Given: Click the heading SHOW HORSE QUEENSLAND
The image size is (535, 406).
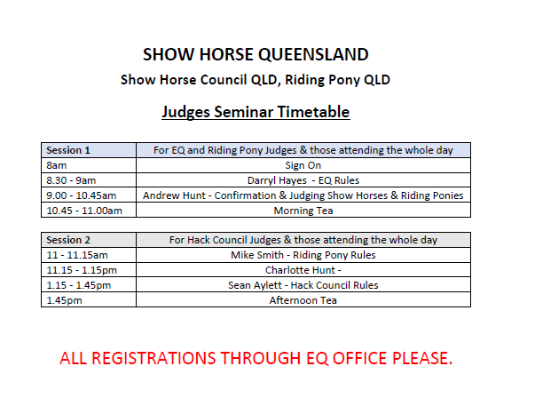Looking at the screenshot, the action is click(x=256, y=54).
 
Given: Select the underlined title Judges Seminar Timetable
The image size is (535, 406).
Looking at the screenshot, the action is click(x=256, y=112).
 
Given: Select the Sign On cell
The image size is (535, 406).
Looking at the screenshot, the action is click(x=303, y=165).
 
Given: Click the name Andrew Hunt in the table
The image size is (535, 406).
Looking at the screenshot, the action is click(x=174, y=195).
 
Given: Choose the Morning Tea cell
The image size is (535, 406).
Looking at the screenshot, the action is click(x=303, y=211).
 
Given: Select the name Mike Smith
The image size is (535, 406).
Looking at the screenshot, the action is click(x=257, y=255).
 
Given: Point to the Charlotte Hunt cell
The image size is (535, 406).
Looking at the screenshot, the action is click(x=303, y=270).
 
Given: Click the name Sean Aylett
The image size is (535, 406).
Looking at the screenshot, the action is click(x=256, y=285).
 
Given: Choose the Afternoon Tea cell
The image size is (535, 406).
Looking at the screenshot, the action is click(x=303, y=300).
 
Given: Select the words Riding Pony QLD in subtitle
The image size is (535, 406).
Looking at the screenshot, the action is click(x=337, y=80).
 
